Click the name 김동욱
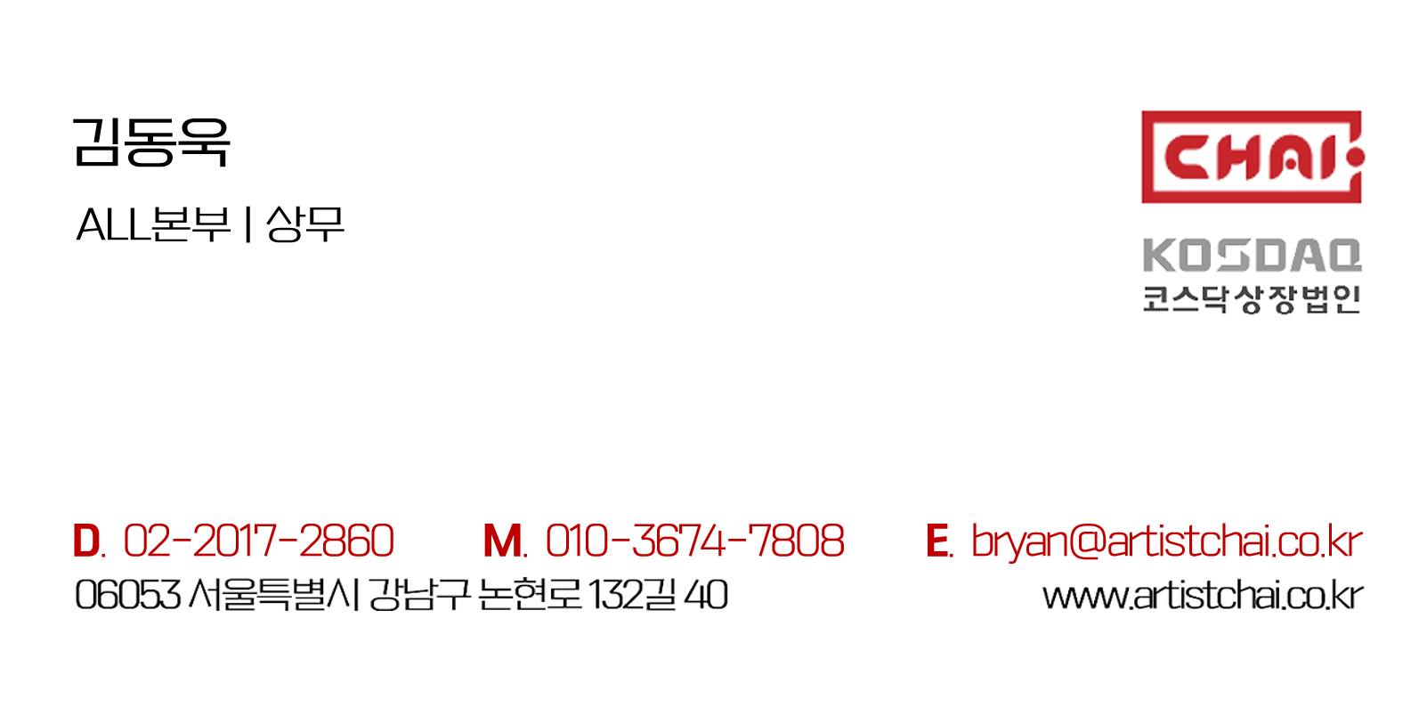tap(150, 142)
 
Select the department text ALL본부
tap(153, 224)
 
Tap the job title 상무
tap(304, 224)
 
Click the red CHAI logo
tap(1251, 158)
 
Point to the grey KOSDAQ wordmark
tap(1251, 256)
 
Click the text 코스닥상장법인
tap(1251, 299)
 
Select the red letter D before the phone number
tap(86, 541)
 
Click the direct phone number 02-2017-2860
tap(258, 541)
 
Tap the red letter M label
tap(503, 541)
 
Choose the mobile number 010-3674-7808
tap(694, 541)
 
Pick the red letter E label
tap(936, 541)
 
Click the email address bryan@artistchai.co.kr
tap(1166, 541)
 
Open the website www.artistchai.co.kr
tap(1202, 596)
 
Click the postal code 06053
tap(127, 595)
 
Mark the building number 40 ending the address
tap(706, 595)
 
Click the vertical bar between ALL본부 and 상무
tap(247, 224)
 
